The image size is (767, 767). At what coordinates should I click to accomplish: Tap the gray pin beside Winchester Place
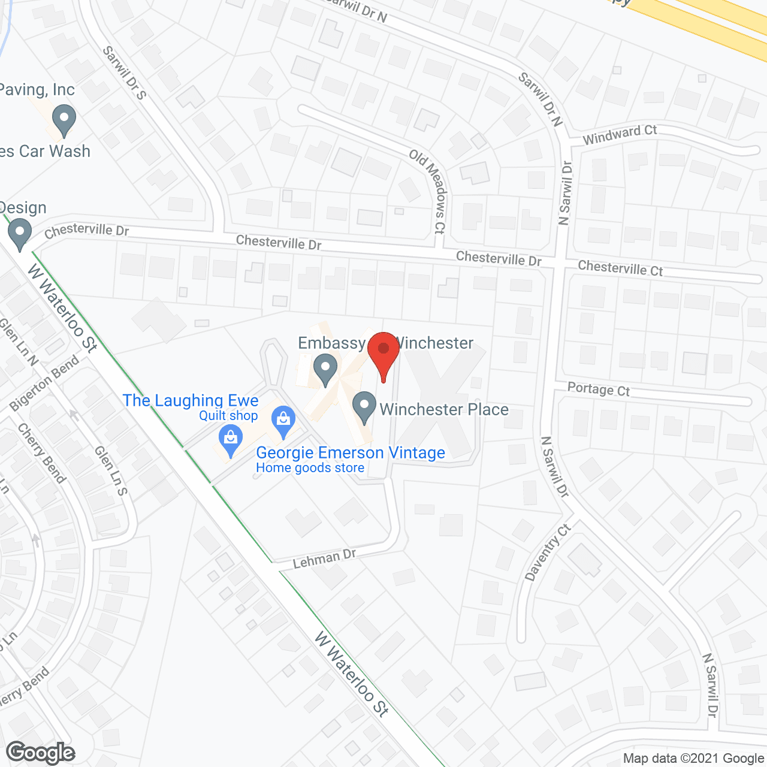[364, 407]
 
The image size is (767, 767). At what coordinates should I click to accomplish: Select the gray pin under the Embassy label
[325, 370]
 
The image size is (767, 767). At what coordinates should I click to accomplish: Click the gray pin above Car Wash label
[64, 120]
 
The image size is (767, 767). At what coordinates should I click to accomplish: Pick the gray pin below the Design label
[20, 234]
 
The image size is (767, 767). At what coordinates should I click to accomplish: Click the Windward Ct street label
[620, 134]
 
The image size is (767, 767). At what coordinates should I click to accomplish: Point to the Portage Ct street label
[598, 389]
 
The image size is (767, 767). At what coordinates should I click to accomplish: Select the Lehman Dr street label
[324, 560]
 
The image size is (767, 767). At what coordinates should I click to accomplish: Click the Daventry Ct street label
[548, 552]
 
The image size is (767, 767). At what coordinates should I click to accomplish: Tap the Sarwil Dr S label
[124, 73]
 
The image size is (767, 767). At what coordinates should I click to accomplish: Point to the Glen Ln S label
[111, 470]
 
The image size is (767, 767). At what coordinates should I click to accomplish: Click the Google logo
[41, 753]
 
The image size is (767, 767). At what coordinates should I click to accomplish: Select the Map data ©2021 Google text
[693, 759]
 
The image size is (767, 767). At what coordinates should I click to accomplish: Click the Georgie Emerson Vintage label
[351, 453]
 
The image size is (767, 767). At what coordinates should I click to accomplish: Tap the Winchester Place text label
[444, 409]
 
